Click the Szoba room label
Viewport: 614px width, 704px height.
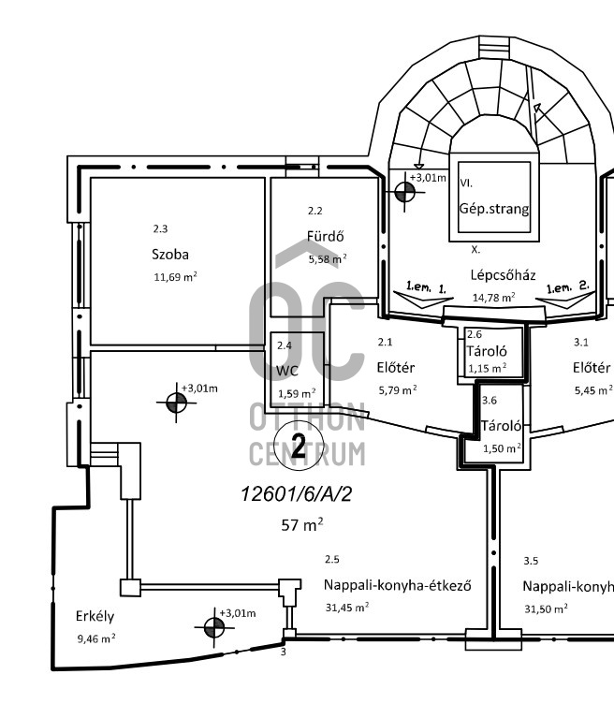point(170,254)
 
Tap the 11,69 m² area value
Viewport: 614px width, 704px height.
point(175,277)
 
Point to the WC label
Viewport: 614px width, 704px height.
point(285,371)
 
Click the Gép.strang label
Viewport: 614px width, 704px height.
point(493,210)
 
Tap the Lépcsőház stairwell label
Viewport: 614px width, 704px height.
point(504,275)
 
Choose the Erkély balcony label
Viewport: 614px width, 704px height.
point(95,616)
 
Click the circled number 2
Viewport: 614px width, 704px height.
point(299,447)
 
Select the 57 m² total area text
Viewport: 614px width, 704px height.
point(302,524)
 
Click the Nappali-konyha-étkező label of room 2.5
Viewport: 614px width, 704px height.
point(396,586)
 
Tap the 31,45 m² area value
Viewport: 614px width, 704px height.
point(346,607)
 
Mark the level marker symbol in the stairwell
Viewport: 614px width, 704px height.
point(405,192)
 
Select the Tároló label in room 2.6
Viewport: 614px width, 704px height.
point(487,351)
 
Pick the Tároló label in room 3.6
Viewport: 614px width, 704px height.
point(501,426)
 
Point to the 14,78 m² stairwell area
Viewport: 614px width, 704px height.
point(493,298)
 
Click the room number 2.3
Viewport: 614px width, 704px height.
point(160,227)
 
